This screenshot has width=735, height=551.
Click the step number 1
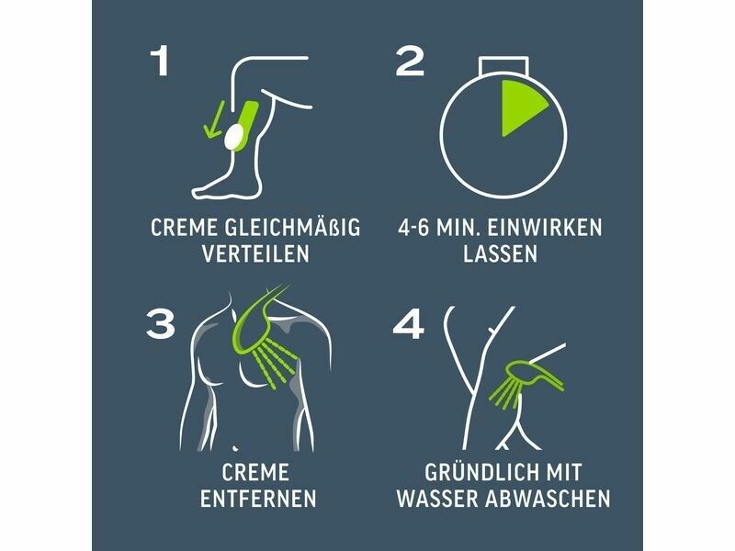click(x=160, y=62)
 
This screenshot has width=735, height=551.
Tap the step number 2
click(x=410, y=62)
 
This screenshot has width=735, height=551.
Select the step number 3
click(x=160, y=323)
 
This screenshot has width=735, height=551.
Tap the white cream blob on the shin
click(x=234, y=136)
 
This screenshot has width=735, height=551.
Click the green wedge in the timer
click(x=523, y=107)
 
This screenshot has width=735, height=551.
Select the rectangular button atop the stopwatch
click(x=503, y=65)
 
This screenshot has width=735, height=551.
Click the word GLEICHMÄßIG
click(x=293, y=227)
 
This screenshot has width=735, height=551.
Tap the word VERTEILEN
click(x=256, y=253)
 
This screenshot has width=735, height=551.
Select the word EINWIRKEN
click(x=544, y=228)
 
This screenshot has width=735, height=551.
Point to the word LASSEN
click(x=500, y=253)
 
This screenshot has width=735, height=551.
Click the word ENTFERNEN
click(x=258, y=499)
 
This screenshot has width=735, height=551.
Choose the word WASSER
click(x=438, y=499)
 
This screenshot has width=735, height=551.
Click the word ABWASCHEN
click(x=548, y=499)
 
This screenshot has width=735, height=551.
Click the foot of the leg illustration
click(x=221, y=186)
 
